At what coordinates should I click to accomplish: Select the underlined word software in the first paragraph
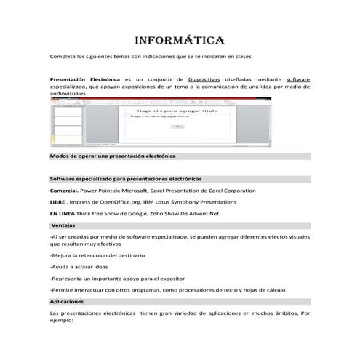(298, 79)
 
